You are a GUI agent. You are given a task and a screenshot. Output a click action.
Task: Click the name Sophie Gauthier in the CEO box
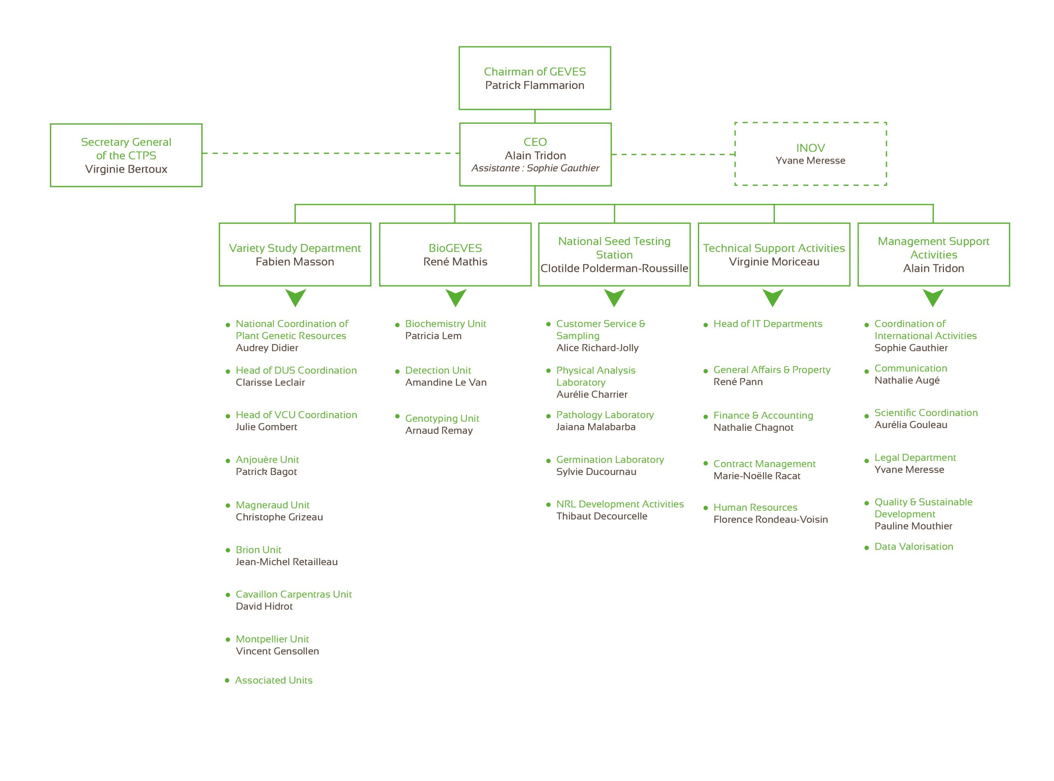(563, 168)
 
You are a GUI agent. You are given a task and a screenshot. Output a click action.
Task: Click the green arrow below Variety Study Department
(295, 298)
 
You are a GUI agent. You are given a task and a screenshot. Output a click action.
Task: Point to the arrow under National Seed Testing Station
(614, 298)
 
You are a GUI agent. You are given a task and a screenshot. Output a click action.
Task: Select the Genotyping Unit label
(442, 419)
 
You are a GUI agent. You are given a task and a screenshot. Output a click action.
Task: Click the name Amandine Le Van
(445, 382)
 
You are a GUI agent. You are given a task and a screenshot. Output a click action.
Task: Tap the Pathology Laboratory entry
(605, 415)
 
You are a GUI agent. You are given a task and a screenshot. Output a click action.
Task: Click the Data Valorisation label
(913, 547)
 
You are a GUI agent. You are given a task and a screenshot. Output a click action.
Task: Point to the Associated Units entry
(273, 680)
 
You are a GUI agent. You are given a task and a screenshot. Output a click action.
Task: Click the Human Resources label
(755, 507)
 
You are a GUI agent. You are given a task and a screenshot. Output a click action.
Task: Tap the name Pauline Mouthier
(913, 526)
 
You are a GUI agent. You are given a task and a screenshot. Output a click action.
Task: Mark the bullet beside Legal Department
(866, 461)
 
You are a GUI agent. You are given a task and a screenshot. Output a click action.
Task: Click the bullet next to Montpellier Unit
(228, 640)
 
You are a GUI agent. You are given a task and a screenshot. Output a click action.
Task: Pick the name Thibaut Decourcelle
(602, 516)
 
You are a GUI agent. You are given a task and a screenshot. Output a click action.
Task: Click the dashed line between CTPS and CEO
(331, 153)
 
